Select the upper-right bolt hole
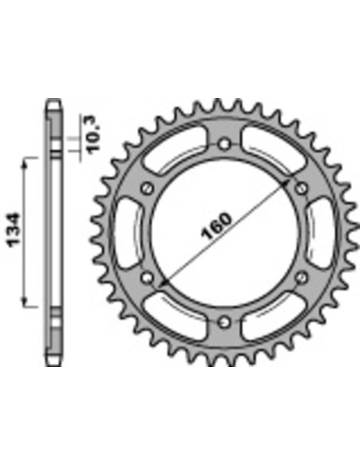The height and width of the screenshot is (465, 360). [x=300, y=188]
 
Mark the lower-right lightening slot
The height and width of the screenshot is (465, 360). [x=271, y=315]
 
